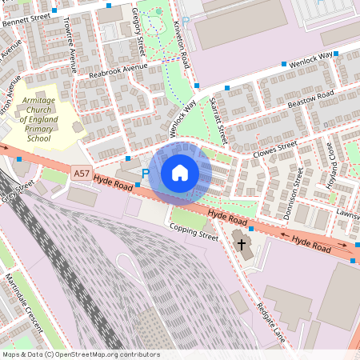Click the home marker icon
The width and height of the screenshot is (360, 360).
(x=180, y=173)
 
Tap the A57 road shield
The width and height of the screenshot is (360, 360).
(x=81, y=173)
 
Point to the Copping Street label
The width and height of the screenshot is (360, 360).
(x=194, y=232)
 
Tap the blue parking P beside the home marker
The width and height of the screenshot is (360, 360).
(x=146, y=174)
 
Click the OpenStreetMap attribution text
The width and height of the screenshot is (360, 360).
(x=80, y=354)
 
